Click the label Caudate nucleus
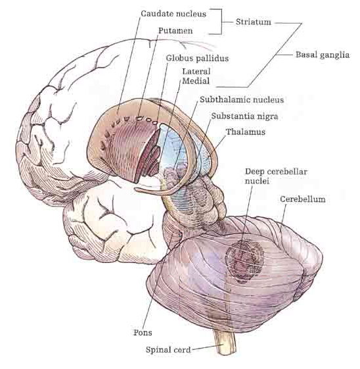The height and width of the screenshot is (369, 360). pos(173,14)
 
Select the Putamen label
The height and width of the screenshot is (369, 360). pos(175,31)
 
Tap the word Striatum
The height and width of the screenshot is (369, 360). pos(254,22)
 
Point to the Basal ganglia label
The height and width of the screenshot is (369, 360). pos(323,55)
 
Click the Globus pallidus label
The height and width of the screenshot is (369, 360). pos(197,58)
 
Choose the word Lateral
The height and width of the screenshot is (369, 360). pos(196,71)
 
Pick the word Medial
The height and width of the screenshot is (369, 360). pos(196,81)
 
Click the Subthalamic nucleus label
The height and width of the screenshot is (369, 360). pos(242,100)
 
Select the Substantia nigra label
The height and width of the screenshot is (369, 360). pos(244,116)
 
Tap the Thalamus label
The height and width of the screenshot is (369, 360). pos(246,132)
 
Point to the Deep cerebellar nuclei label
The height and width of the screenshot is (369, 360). pos(276,176)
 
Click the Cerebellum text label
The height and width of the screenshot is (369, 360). pos(303,199)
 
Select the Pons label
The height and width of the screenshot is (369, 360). pos(143,333)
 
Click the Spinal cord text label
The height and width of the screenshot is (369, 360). pos(168,350)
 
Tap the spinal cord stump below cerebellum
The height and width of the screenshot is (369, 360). pos(225,343)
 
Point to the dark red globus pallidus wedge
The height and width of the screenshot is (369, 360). pos(148,155)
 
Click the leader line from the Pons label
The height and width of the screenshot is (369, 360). pos(161,279)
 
